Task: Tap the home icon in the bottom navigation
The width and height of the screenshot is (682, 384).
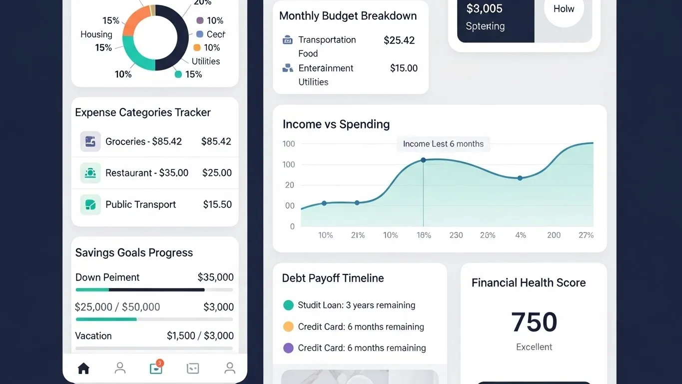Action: tap(83, 368)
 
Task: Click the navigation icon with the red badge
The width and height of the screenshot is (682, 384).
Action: tap(156, 368)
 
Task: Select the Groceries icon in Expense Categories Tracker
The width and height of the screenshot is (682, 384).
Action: tap(90, 141)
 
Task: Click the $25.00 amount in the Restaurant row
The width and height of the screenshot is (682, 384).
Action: tap(217, 173)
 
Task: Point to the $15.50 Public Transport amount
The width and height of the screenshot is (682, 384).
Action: tap(217, 204)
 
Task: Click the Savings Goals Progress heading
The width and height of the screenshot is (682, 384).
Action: tap(134, 252)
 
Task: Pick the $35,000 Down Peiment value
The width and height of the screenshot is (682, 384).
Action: tap(215, 277)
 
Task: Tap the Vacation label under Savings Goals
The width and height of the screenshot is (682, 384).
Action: tap(93, 335)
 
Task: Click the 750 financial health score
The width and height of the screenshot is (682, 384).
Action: tap(534, 322)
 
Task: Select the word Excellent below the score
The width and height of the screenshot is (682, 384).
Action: tap(534, 347)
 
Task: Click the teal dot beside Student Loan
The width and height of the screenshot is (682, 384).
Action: tap(288, 305)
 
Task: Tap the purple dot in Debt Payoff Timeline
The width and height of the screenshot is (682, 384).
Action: tap(288, 348)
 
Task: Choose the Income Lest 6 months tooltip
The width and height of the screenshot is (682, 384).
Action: tap(443, 144)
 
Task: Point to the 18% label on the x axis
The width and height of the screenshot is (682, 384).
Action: tap(424, 235)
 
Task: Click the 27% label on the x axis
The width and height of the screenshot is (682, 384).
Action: tap(586, 235)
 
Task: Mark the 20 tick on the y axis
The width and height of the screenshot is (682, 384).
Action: tap(290, 185)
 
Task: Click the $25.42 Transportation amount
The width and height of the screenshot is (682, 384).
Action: tap(399, 40)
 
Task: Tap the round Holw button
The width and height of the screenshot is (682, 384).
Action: tap(564, 9)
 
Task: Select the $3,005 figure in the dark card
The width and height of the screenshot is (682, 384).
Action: tap(484, 8)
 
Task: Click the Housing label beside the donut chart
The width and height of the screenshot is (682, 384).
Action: tap(96, 34)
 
